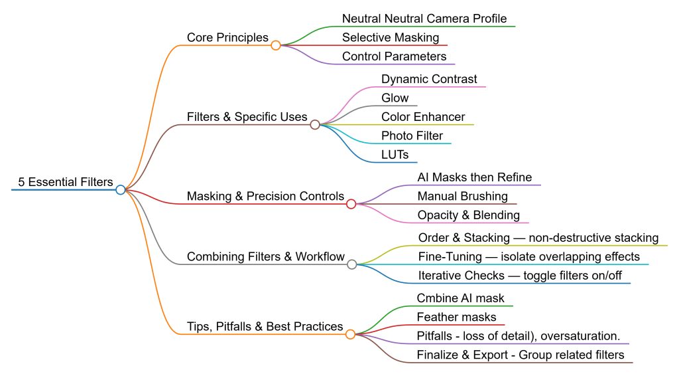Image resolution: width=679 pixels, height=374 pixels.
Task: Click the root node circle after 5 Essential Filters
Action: pos(120,190)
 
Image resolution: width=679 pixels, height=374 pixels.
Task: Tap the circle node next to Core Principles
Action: pos(276,45)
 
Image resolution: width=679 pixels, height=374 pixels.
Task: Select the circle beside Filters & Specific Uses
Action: pos(315,124)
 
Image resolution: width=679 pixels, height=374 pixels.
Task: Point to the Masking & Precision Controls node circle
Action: pos(351,204)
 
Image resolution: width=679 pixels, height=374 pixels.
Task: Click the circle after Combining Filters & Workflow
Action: pos(352,264)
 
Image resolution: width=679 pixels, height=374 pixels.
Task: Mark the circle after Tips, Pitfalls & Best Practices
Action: pos(351,334)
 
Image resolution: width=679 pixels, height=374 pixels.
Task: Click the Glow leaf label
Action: pos(395,98)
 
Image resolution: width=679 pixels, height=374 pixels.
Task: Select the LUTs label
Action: pos(395,155)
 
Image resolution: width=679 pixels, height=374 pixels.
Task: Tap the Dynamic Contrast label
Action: pos(428,79)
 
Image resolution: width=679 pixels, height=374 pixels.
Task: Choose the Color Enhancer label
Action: pos(423,117)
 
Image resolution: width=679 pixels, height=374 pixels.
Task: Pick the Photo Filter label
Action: pos(412,136)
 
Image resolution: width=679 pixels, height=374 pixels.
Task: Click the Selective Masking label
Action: pos(390,38)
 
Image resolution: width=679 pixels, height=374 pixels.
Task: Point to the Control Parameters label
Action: pos(394,56)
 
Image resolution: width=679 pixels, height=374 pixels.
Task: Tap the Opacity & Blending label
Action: pos(468,215)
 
